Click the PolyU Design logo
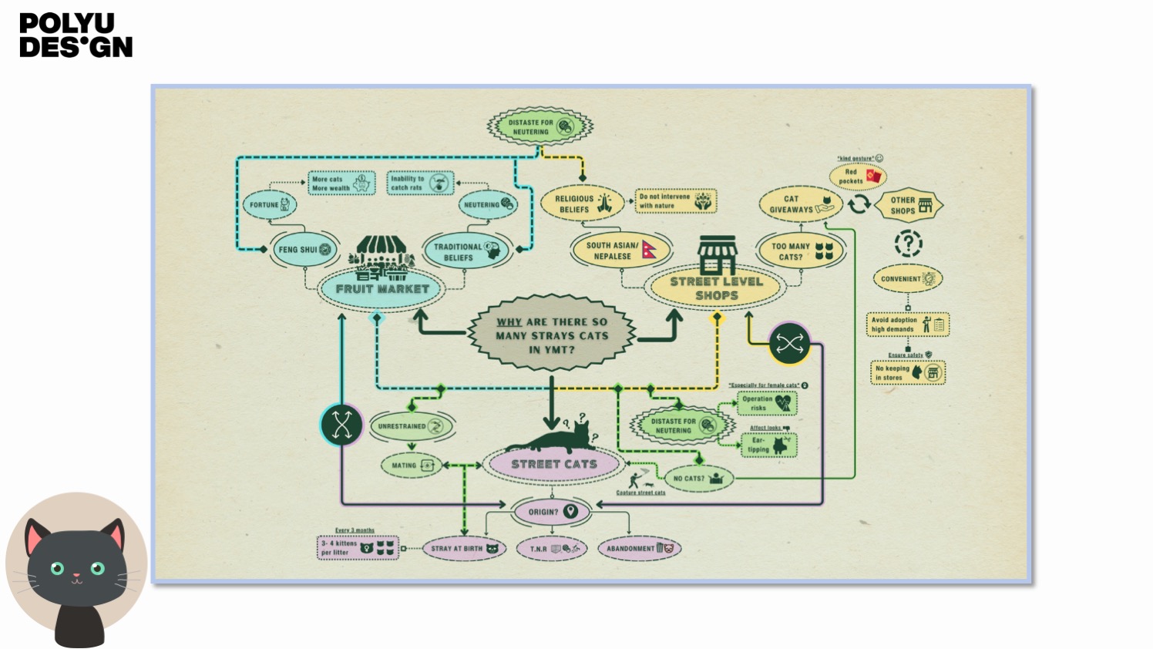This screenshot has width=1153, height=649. click(76, 35)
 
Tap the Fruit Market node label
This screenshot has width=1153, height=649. click(382, 289)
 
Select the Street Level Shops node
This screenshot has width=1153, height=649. click(716, 288)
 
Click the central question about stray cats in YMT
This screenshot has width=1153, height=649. click(552, 335)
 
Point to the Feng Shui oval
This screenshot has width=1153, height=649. click(304, 250)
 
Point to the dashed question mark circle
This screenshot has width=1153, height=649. click(908, 244)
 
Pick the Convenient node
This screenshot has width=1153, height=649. click(908, 279)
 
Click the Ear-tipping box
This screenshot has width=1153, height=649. click(768, 446)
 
